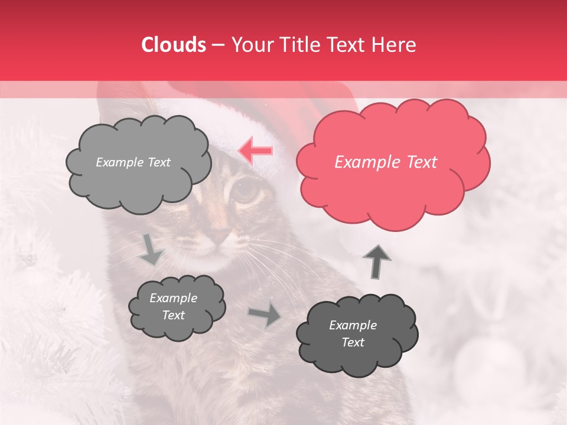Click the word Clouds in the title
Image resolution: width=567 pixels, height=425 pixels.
pos(174,45)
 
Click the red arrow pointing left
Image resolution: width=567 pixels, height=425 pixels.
pos(256,151)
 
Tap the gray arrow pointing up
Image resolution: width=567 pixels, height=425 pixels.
pos(377,261)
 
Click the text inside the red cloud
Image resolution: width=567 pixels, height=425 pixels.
pos(386,162)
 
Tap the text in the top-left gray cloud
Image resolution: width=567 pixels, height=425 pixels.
pos(133,162)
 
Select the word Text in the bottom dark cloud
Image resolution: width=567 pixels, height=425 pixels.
pos(353,342)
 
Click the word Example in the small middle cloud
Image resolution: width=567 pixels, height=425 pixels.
pos(173,298)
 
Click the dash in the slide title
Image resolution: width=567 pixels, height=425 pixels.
pos(217,45)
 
